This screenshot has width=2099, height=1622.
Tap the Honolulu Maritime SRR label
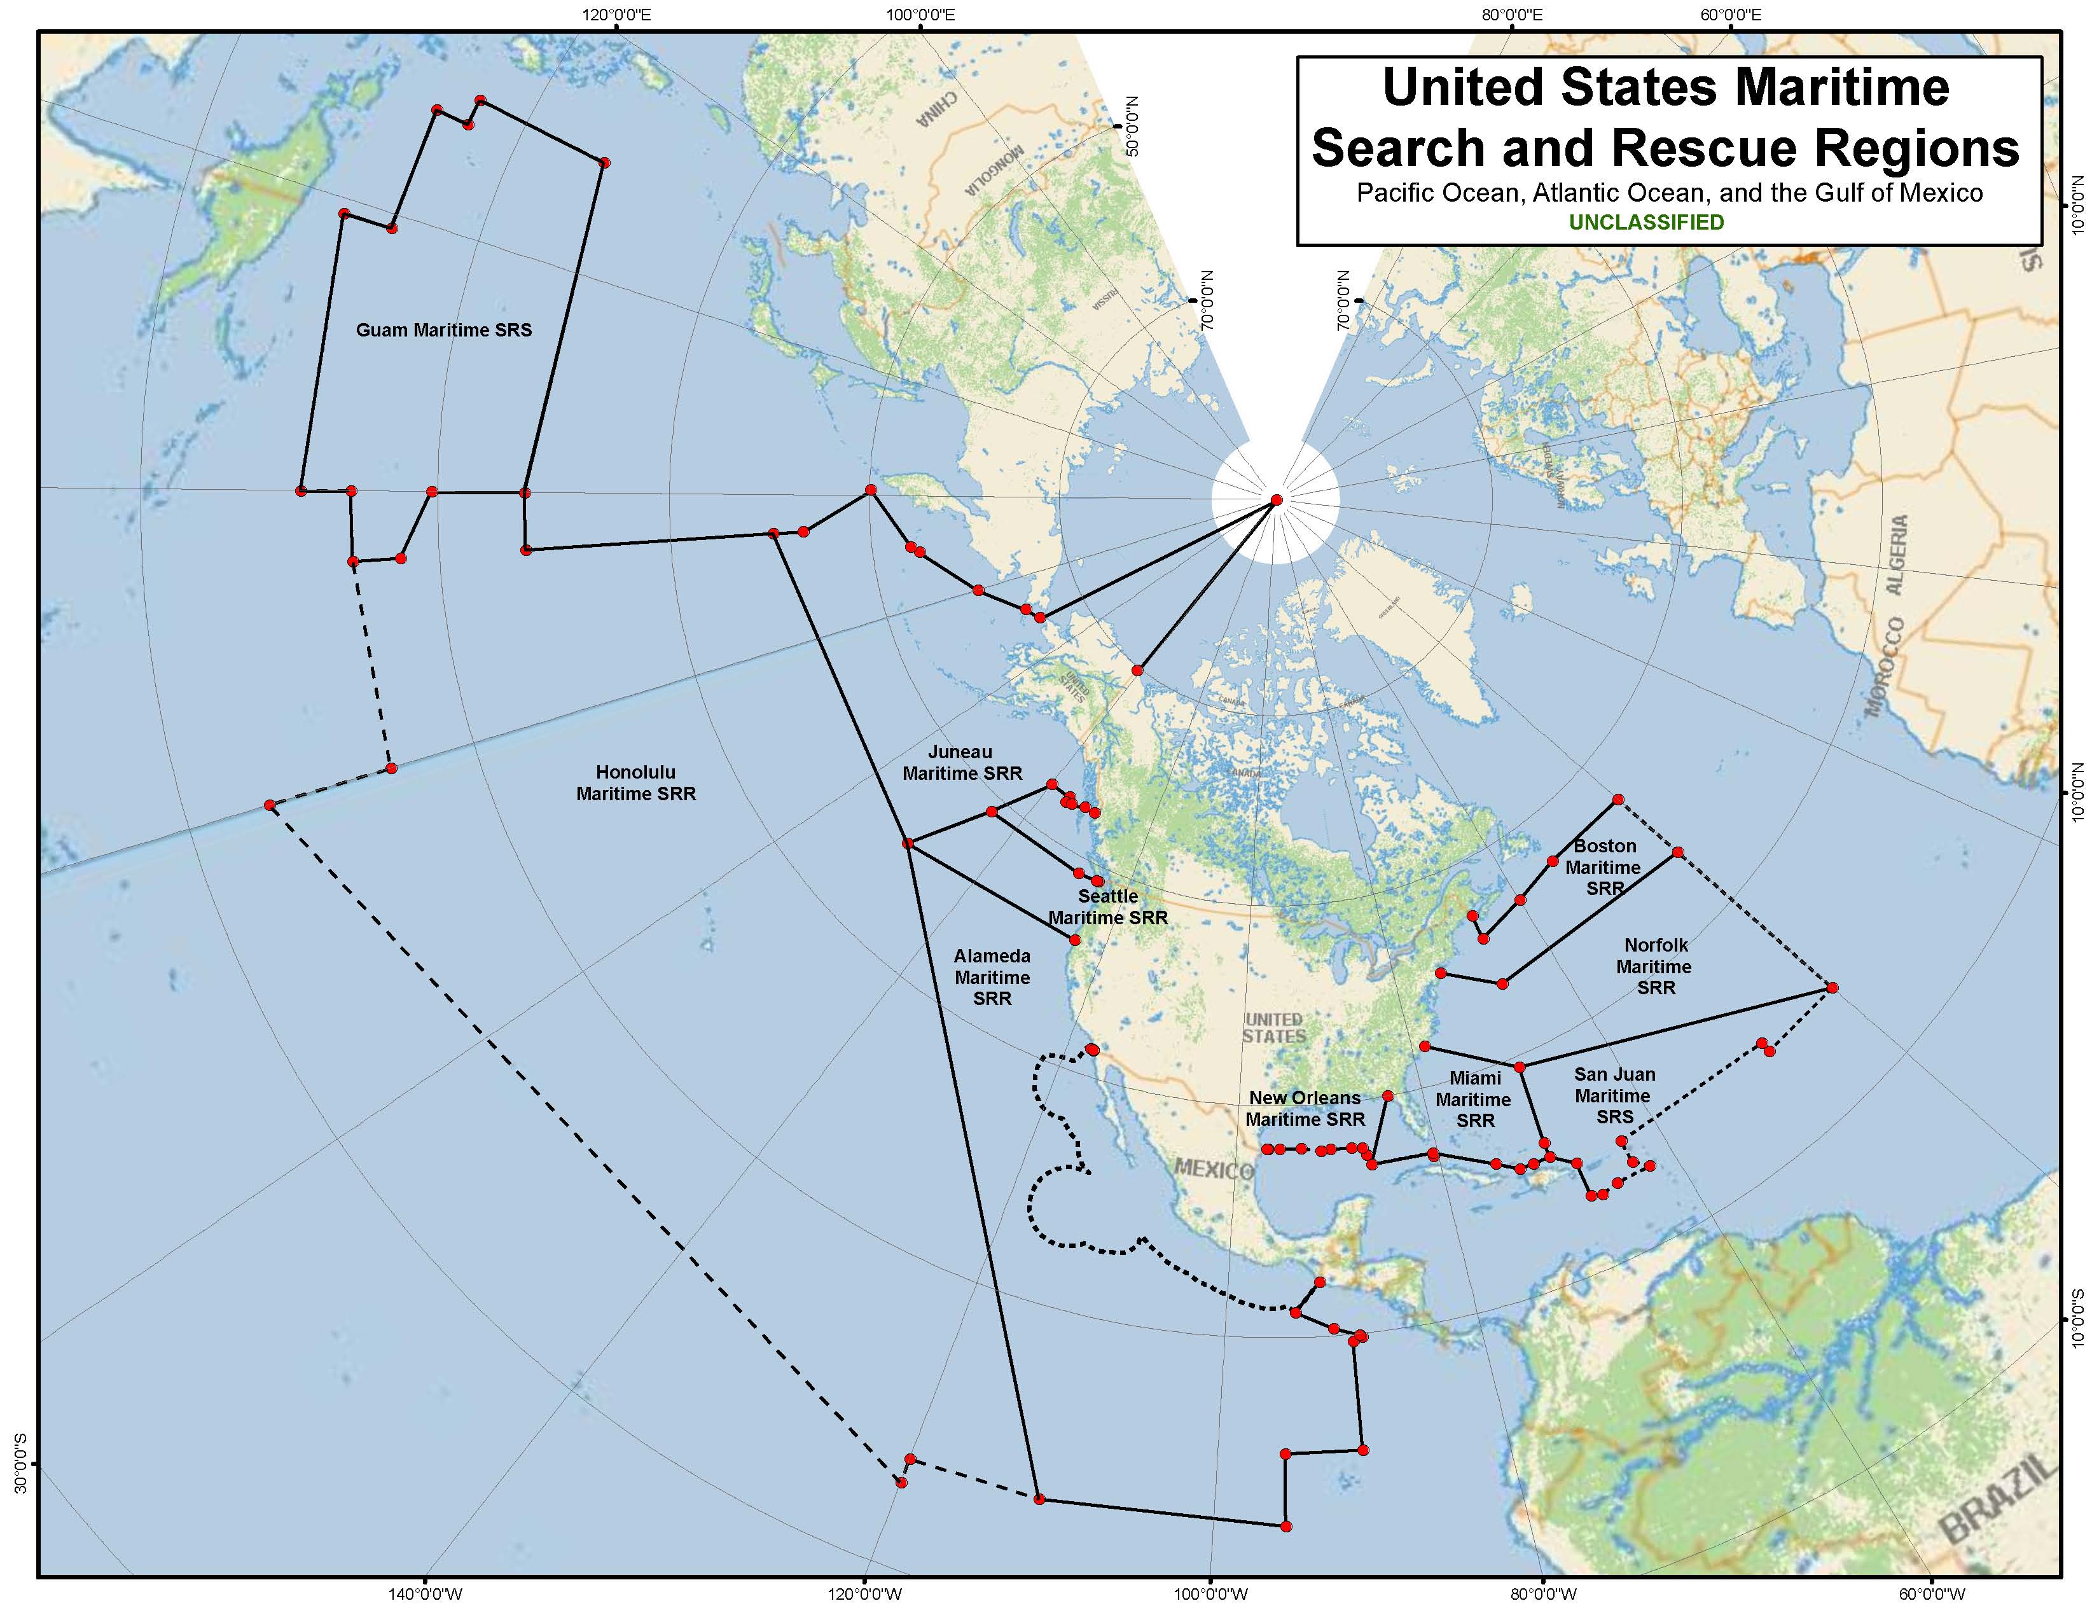coord(635,783)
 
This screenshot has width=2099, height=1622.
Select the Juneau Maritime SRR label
coord(961,763)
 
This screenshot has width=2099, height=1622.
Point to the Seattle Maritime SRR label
coord(1107,907)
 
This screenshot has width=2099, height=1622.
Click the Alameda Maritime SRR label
coord(992,977)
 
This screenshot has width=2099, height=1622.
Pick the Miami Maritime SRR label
coord(1474,1099)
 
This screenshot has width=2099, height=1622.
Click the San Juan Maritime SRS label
coord(1614,1095)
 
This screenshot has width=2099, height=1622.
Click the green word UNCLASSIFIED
coord(1646,223)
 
